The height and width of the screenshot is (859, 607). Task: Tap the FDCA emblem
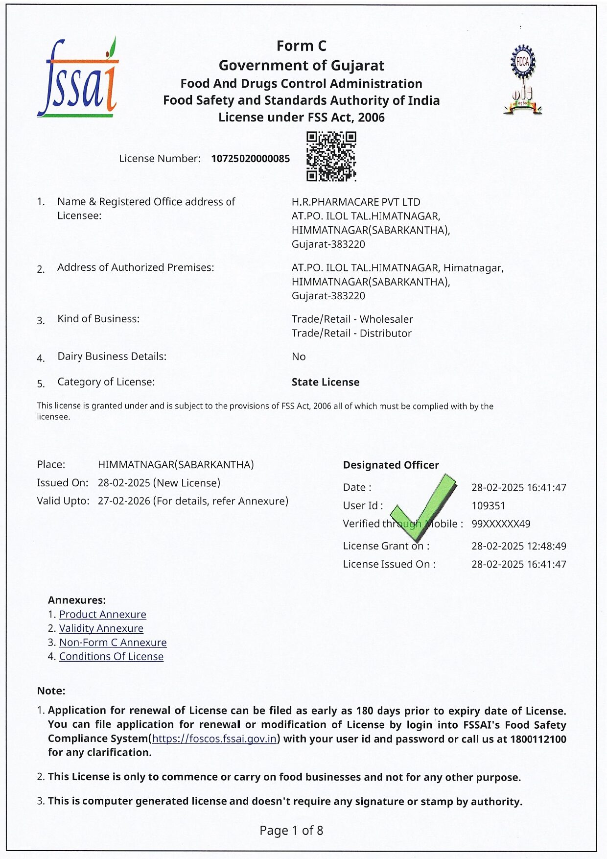523,80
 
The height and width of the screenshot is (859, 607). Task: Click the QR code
331,156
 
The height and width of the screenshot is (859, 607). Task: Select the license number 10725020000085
250,159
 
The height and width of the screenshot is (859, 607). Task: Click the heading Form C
301,46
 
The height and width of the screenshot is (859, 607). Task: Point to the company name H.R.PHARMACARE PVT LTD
356,202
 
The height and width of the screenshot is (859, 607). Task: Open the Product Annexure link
103,614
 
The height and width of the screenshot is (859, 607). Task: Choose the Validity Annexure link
101,628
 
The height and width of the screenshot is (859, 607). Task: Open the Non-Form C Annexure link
113,643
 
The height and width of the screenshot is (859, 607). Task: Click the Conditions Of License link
112,656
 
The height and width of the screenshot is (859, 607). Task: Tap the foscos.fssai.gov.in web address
214,739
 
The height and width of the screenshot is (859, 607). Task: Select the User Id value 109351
488,506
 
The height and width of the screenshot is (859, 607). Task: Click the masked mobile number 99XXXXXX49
501,524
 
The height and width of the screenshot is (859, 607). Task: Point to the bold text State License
326,382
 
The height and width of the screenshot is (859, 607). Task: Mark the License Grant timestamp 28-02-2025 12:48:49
518,546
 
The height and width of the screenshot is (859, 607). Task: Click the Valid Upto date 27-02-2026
124,501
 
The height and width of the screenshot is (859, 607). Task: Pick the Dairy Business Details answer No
299,357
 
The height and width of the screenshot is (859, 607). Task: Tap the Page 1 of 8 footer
291,830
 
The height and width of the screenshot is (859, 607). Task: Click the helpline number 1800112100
538,739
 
